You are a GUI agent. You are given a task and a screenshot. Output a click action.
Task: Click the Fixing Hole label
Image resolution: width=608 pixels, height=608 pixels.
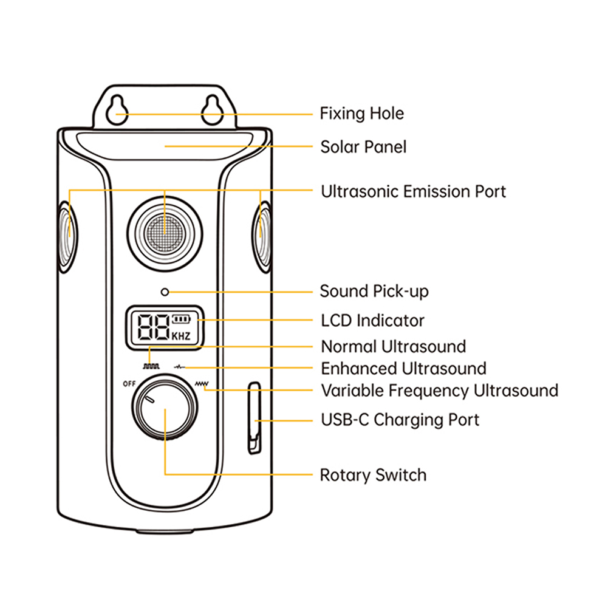tap(361, 114)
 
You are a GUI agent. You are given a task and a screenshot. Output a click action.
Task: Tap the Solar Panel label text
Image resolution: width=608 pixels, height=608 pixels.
tap(363, 147)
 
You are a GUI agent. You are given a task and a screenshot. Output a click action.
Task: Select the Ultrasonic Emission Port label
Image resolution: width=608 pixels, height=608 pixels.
tap(413, 191)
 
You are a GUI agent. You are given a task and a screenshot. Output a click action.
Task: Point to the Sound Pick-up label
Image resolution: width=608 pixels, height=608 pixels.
tap(374, 292)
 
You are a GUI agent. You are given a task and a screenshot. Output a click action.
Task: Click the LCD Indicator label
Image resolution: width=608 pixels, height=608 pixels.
tap(372, 320)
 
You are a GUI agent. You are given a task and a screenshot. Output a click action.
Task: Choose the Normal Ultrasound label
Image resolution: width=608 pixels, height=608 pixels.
tap(393, 347)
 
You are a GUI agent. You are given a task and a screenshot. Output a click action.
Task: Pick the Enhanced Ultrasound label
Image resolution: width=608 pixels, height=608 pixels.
tap(403, 369)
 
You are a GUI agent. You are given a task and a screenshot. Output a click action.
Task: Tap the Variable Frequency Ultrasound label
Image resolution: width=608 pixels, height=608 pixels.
tap(439, 390)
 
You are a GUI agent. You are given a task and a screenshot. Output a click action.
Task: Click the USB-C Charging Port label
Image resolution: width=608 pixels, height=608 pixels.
tap(400, 420)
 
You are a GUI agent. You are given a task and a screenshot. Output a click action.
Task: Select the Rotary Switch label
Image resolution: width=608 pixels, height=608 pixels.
tap(373, 475)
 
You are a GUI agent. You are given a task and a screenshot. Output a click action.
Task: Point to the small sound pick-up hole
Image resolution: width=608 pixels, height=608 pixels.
tap(165, 292)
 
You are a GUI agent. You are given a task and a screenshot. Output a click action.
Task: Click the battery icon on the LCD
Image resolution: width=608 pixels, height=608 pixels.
tap(180, 319)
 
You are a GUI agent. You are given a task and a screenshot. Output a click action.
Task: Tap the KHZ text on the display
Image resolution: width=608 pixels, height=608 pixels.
tap(181, 335)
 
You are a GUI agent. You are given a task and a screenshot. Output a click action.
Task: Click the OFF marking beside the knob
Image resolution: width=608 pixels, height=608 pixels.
tap(129, 383)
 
